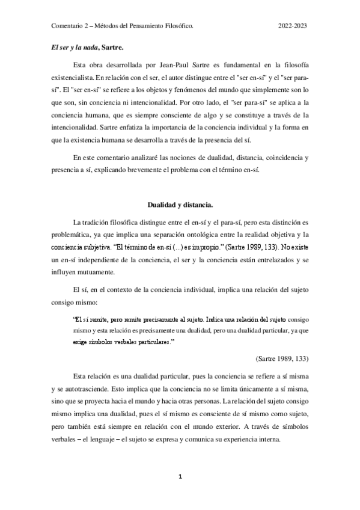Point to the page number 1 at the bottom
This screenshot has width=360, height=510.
(180, 476)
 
